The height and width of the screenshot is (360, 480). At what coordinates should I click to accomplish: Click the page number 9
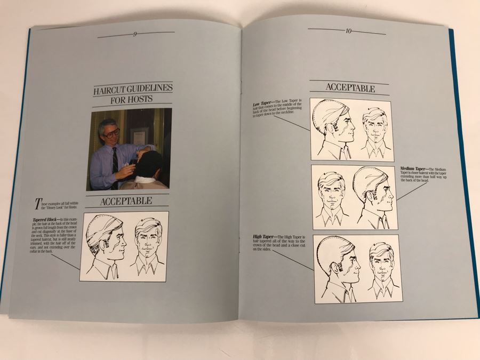click(x=135, y=35)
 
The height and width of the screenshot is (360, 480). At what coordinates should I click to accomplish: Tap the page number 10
click(x=348, y=31)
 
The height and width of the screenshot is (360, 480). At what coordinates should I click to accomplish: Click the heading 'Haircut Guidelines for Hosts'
click(x=132, y=94)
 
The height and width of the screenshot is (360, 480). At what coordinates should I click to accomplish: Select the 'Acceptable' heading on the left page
click(x=126, y=201)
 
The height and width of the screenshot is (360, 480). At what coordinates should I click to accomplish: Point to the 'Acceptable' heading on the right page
click(x=350, y=89)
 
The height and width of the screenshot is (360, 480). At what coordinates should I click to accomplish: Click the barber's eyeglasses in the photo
click(x=112, y=133)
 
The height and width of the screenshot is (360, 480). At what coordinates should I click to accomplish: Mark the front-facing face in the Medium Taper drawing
click(x=331, y=192)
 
